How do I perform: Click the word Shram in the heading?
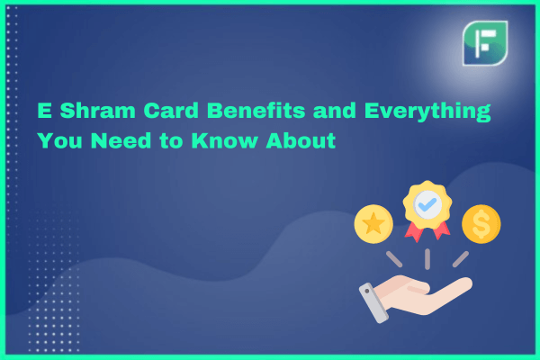pyautogui.click(x=97, y=111)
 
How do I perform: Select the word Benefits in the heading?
pyautogui.click(x=256, y=111)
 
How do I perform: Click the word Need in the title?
pyautogui.click(x=121, y=140)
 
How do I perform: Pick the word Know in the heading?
pyautogui.click(x=224, y=140)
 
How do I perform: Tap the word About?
pyautogui.click(x=301, y=140)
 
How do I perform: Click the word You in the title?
pyautogui.click(x=59, y=140)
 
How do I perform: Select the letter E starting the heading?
pyautogui.click(x=44, y=111)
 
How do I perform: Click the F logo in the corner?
pyautogui.click(x=485, y=43)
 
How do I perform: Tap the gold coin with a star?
pyautogui.click(x=373, y=224)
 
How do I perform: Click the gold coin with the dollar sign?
pyautogui.click(x=481, y=224)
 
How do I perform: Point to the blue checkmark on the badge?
pyautogui.click(x=427, y=205)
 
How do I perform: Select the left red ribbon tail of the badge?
pyautogui.click(x=414, y=231)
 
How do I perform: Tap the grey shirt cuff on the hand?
pyautogui.click(x=374, y=303)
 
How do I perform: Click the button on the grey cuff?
pyautogui.click(x=367, y=291)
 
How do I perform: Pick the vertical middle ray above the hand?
pyautogui.click(x=427, y=259)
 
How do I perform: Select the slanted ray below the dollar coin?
pyautogui.click(x=461, y=259)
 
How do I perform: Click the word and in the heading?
pyautogui.click(x=335, y=111)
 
